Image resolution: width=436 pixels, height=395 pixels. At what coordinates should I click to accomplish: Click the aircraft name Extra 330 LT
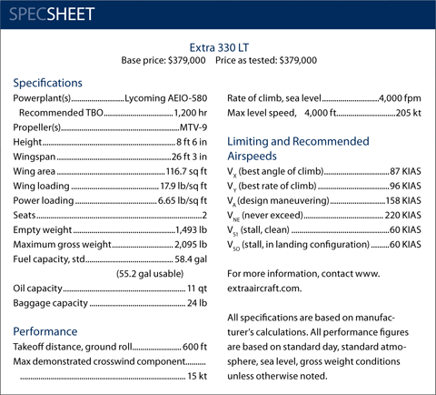[x=219, y=46]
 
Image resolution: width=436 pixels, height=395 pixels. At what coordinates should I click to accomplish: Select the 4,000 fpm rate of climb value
[x=401, y=98]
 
